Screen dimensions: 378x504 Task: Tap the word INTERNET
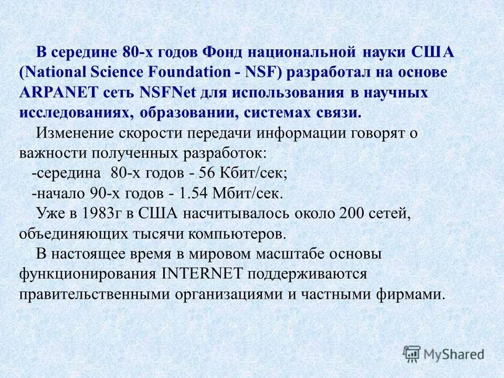tap(202, 273)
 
